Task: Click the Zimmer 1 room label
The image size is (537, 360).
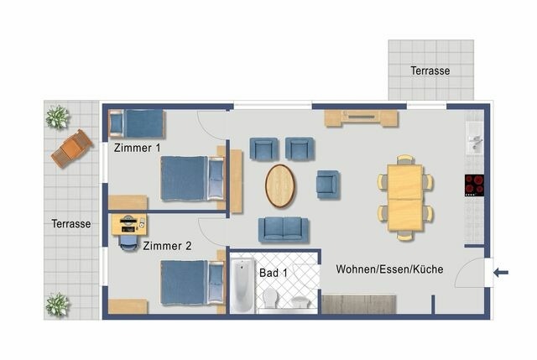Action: pos(137,148)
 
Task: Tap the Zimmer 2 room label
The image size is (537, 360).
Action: pos(167,246)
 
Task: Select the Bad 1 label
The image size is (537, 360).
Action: pos(273,272)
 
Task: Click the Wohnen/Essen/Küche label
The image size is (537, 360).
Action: pos(389,269)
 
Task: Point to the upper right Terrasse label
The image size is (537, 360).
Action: pos(430,70)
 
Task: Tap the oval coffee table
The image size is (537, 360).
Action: pos(280,185)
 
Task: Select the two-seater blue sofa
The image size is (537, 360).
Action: pos(283,228)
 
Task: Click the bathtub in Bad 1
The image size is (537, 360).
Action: pos(242,286)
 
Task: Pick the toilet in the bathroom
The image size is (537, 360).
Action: pos(271,299)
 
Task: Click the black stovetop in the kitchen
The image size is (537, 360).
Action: pos(474,184)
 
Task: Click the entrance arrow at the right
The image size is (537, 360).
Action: pos(502,272)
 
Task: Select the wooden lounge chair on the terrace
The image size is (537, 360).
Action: pos(72,149)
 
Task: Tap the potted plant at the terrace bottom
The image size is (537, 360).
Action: pos(58,304)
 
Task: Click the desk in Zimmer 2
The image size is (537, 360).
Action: pos(128,224)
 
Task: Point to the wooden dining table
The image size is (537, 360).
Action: pos(404,198)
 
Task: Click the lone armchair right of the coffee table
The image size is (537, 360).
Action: pos(328,183)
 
